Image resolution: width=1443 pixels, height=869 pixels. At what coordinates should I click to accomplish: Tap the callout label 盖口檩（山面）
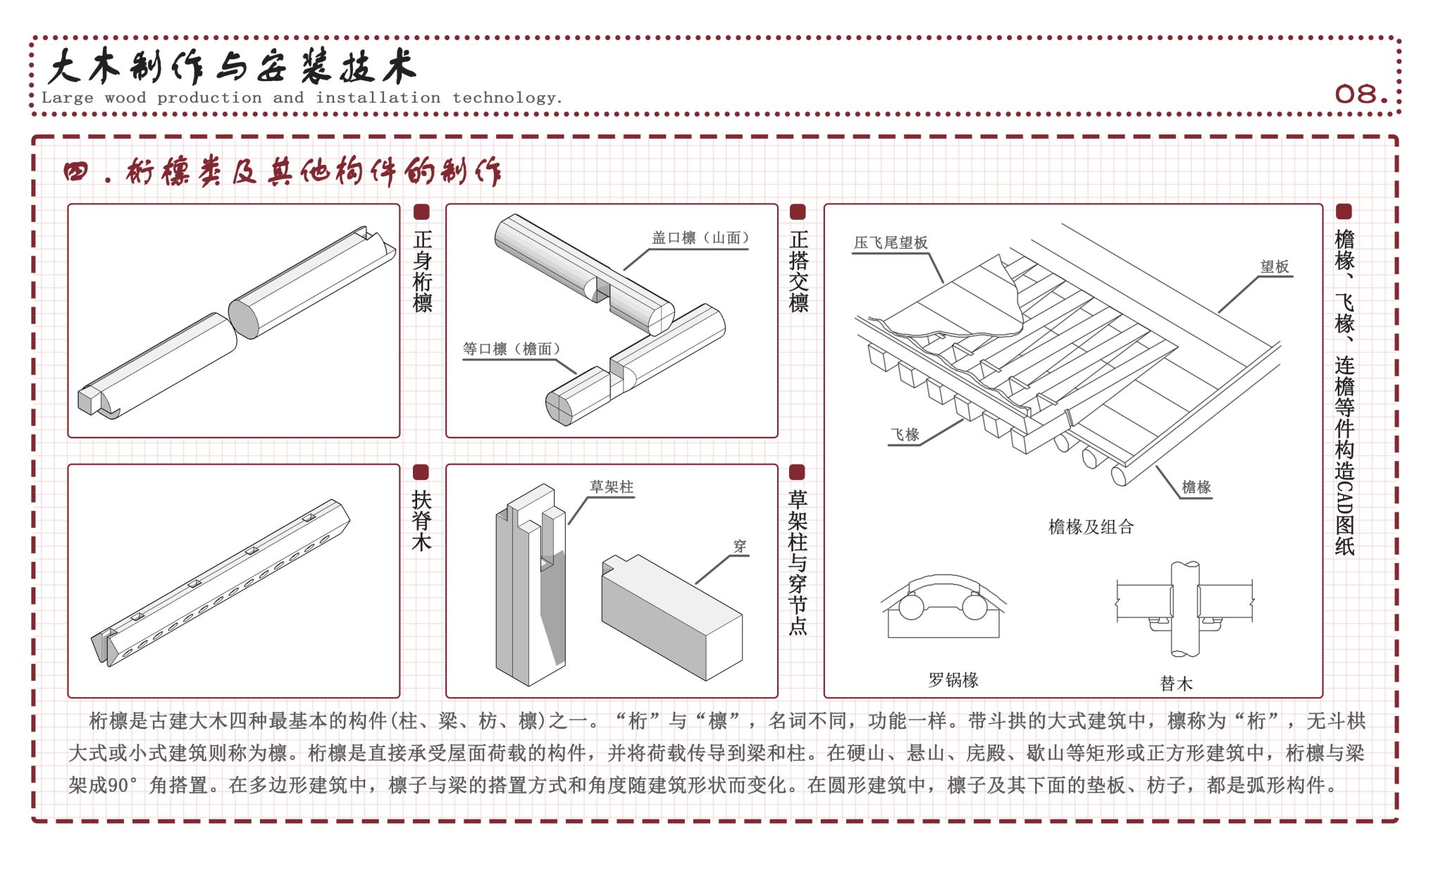pyautogui.click(x=700, y=238)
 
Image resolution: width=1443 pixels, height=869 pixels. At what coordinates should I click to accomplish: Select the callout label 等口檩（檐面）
pyautogui.click(x=512, y=349)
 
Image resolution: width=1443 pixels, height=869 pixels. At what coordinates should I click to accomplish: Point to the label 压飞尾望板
pyautogui.click(x=891, y=242)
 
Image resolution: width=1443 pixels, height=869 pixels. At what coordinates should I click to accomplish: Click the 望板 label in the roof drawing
pyautogui.click(x=1275, y=266)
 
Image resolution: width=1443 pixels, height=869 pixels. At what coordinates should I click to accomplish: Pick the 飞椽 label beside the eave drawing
pyautogui.click(x=905, y=434)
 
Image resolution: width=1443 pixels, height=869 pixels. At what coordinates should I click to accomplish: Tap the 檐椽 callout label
pyautogui.click(x=1196, y=486)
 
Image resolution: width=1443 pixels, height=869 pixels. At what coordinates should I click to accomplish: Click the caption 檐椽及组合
pyautogui.click(x=1091, y=526)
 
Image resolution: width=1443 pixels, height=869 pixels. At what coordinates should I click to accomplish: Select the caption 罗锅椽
pyautogui.click(x=953, y=679)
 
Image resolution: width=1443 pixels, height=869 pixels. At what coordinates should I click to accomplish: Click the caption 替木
pyautogui.click(x=1176, y=683)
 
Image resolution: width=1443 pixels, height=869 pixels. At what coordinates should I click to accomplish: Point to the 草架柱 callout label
pyautogui.click(x=612, y=486)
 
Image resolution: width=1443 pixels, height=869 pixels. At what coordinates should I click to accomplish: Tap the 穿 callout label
pyautogui.click(x=739, y=546)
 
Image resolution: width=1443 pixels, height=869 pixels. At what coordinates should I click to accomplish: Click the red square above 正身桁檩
pyautogui.click(x=421, y=212)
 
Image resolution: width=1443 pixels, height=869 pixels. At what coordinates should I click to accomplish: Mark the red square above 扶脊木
pyautogui.click(x=421, y=472)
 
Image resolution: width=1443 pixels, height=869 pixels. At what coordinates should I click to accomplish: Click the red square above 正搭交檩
pyautogui.click(x=798, y=212)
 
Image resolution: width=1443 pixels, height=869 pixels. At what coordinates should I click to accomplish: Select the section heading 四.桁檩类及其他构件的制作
pyautogui.click(x=283, y=171)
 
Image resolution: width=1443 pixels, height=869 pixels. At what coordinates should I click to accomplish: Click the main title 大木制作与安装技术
pyautogui.click(x=233, y=68)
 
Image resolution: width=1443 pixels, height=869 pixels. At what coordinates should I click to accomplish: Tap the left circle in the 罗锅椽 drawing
pyautogui.click(x=911, y=607)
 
